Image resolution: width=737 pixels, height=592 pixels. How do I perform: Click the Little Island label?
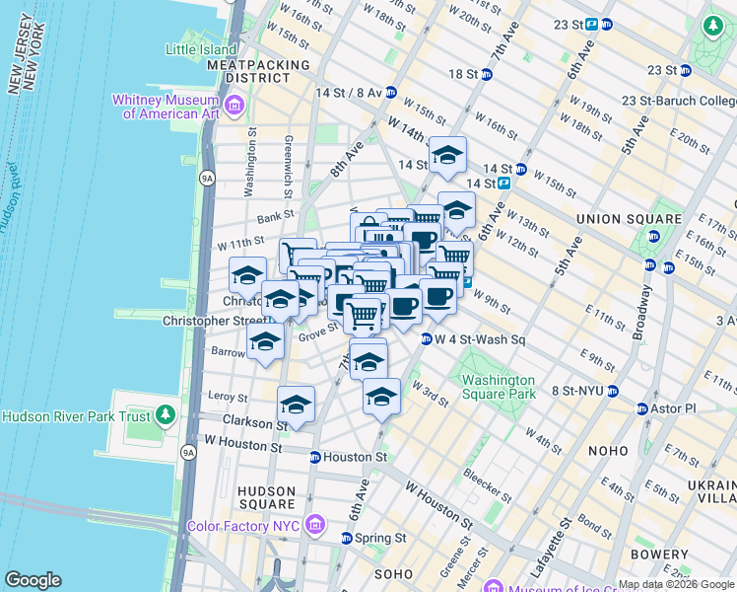[x=201, y=49]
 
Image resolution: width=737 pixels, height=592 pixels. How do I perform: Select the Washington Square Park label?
[x=498, y=387]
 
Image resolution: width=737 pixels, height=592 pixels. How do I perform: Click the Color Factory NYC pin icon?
[x=315, y=524]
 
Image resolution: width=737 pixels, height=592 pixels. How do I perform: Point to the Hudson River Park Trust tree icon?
[x=166, y=415]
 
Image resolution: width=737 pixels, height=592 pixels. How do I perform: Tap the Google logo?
[x=33, y=580]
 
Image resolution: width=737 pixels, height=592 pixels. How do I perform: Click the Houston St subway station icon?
[x=314, y=457]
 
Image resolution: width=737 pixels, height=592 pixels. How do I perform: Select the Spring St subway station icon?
[x=347, y=538]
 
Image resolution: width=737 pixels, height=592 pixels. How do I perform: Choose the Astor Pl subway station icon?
[x=642, y=408]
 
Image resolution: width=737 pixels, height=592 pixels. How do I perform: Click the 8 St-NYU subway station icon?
[x=612, y=391]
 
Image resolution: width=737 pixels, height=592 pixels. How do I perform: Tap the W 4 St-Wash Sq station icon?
[x=427, y=339]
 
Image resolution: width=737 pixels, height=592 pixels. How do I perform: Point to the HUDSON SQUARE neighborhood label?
[x=267, y=498]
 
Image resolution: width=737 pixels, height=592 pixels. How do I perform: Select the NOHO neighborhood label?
[x=608, y=450]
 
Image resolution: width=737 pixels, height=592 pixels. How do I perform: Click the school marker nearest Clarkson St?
[x=295, y=404]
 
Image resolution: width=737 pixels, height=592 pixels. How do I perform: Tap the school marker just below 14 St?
[x=447, y=154]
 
